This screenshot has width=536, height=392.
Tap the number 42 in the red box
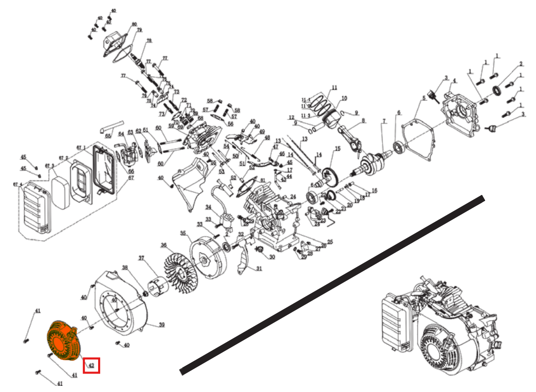click(91, 365)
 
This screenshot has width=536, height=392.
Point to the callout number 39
click(161, 325)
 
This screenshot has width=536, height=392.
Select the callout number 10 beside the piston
click(344, 98)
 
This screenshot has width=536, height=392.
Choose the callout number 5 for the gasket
click(424, 98)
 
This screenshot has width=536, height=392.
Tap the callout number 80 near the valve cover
click(135, 24)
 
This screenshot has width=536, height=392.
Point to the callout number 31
click(259, 268)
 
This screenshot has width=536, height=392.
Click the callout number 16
click(374, 191)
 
